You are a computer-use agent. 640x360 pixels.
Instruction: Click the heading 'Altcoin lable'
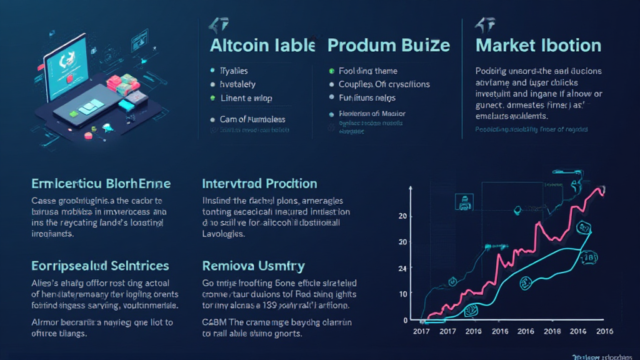point(262,46)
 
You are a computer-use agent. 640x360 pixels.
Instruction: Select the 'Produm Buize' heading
point(388,46)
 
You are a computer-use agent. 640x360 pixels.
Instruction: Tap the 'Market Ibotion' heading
point(538,46)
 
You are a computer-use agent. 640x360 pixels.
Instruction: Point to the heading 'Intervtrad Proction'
point(259,184)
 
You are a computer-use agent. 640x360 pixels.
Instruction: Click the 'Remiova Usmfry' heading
point(253,266)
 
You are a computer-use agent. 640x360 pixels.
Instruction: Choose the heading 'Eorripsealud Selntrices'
point(100,266)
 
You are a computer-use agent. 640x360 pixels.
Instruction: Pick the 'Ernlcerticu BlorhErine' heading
point(101,184)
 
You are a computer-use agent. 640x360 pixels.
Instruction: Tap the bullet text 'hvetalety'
point(237,84)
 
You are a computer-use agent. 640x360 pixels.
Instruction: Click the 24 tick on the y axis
point(402,268)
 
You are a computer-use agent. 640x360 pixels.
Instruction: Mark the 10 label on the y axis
point(402,294)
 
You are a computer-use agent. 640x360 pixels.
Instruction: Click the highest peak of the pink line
point(601,187)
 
